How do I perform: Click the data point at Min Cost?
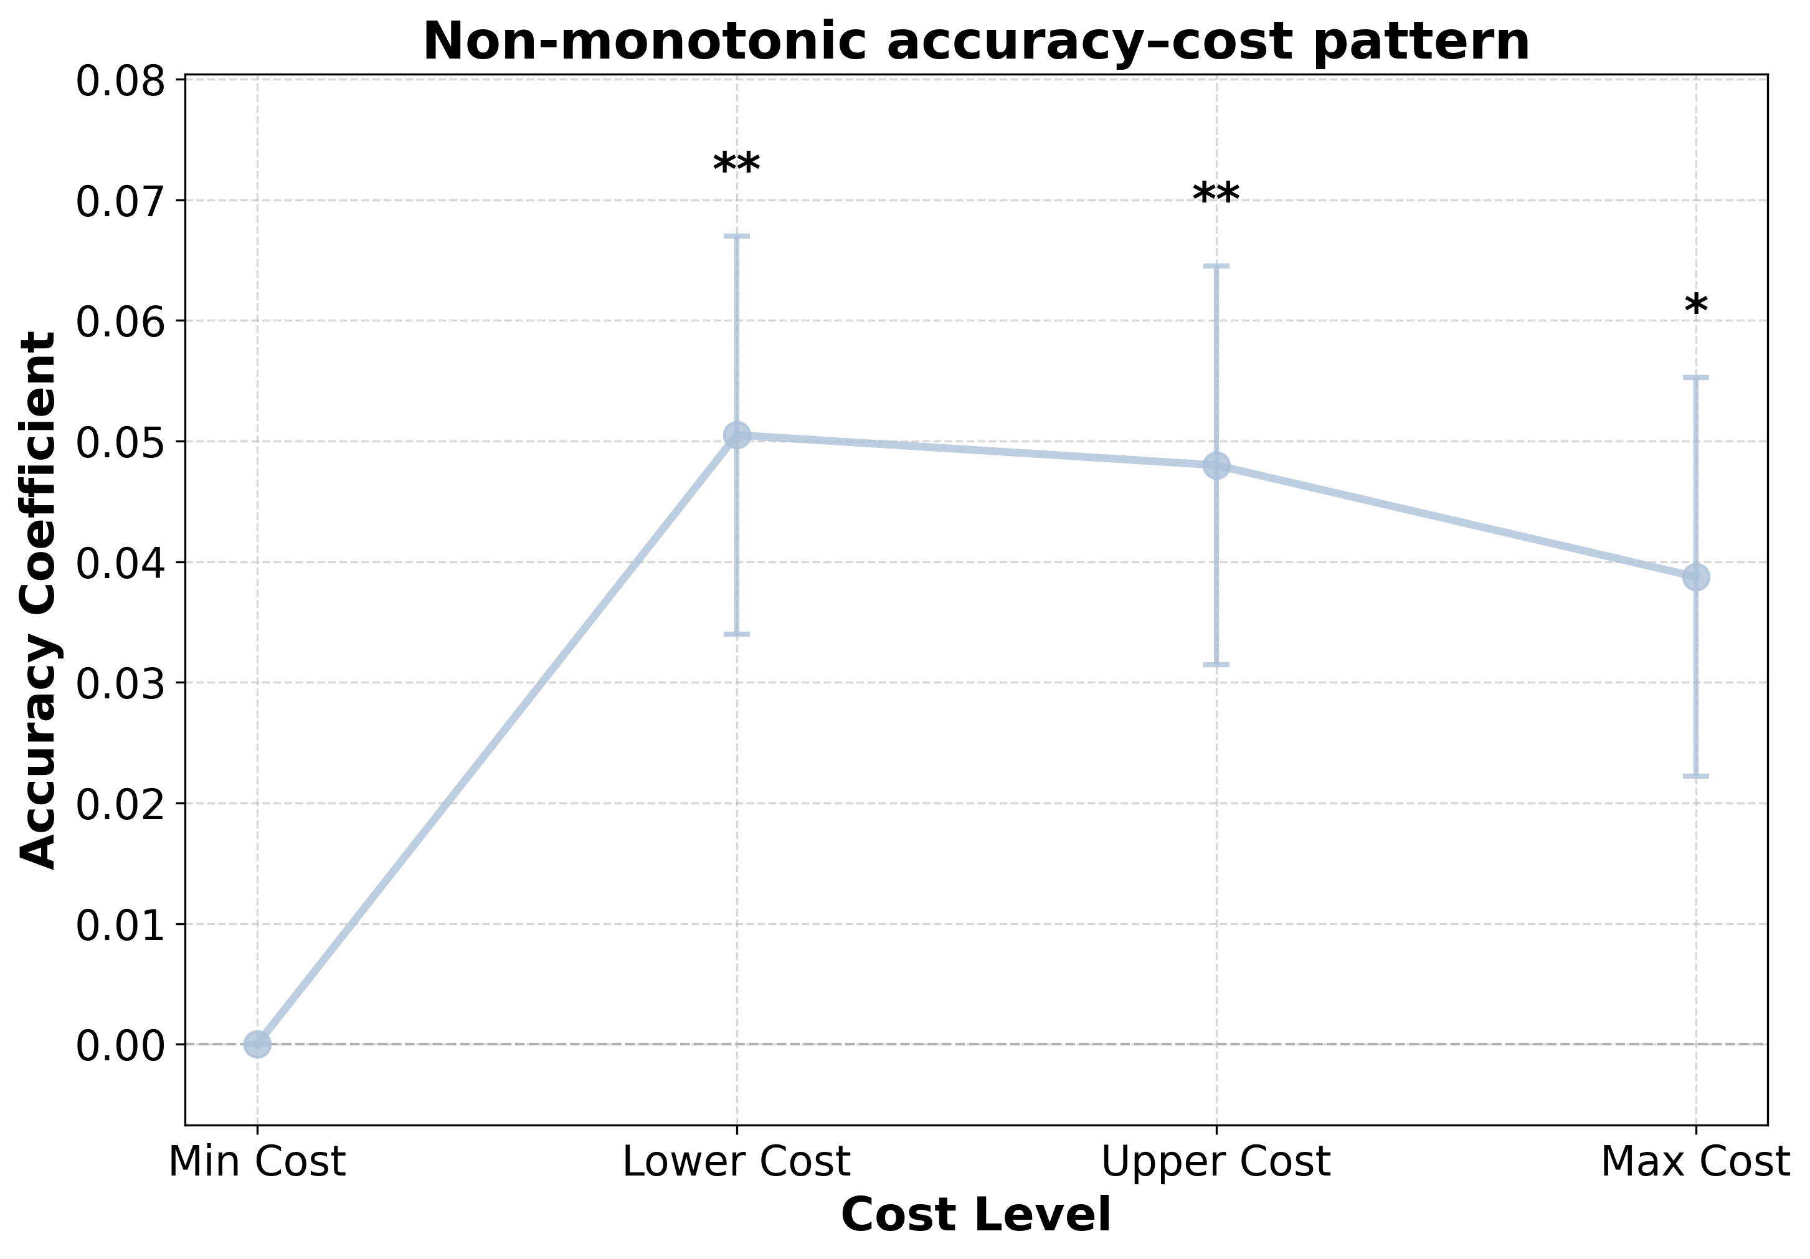257,1044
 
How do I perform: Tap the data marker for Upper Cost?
1216,465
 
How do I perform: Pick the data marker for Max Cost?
1695,577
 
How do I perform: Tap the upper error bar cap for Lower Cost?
736,235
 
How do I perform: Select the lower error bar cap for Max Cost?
1695,777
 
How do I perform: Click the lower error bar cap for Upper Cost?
1216,665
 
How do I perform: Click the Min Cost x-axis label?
257,1162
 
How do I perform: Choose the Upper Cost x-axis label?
1216,1162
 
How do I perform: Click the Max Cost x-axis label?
1695,1162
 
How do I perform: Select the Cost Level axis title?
976,1215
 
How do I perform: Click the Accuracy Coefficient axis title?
38,600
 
